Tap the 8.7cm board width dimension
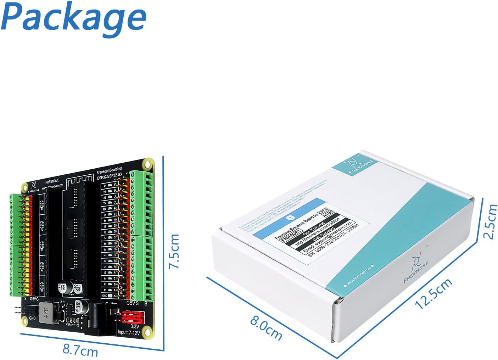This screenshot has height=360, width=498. (80, 350)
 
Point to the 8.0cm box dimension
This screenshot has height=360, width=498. (266, 329)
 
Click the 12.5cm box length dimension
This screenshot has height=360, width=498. (433, 293)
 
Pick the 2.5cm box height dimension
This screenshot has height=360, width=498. (491, 221)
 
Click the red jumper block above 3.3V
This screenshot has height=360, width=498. (132, 317)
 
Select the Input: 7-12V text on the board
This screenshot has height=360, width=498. (129, 333)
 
